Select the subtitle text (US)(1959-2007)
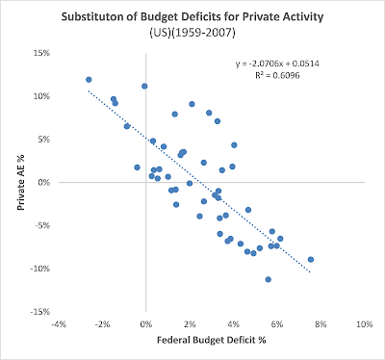(x=192, y=33)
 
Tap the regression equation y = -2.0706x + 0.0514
(x=277, y=64)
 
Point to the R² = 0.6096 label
(x=277, y=75)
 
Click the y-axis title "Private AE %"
(x=21, y=182)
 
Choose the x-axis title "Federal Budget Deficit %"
(x=212, y=340)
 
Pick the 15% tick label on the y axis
(x=42, y=53)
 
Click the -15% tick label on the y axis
(x=40, y=312)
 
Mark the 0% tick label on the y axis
(x=44, y=182)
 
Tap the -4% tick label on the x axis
(x=59, y=324)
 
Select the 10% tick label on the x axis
(x=365, y=324)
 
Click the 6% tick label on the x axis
(x=277, y=324)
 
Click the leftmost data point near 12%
(x=89, y=80)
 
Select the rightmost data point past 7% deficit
(x=311, y=260)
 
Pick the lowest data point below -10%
(x=269, y=279)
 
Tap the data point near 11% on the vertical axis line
(x=144, y=86)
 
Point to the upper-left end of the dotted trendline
(x=89, y=90)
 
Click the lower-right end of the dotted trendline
(x=310, y=272)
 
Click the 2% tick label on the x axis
(x=190, y=324)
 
